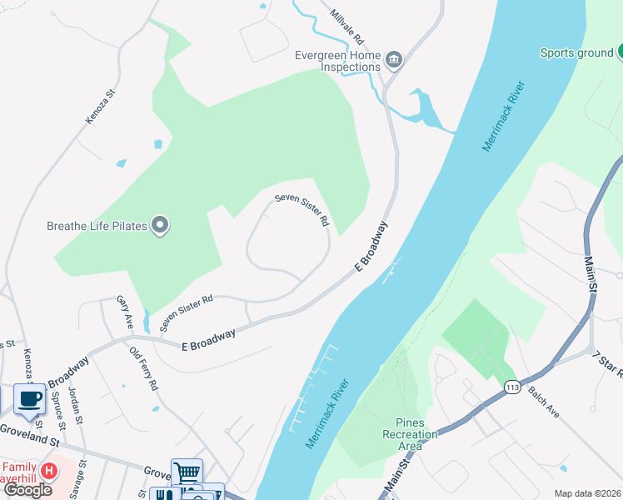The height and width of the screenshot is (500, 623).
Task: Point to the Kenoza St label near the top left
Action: pyautogui.click(x=98, y=108)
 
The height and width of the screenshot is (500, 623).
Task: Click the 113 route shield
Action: pyautogui.click(x=511, y=387)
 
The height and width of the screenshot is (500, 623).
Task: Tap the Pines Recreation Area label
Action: pyautogui.click(x=410, y=434)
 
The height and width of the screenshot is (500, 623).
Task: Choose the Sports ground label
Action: pyautogui.click(x=576, y=53)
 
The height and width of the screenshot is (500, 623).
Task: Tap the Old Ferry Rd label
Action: pyautogui.click(x=144, y=370)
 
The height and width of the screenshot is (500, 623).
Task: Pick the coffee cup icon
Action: pyautogui.click(x=30, y=398)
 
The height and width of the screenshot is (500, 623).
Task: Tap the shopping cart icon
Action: pyautogui.click(x=187, y=472)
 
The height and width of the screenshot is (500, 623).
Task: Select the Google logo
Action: pyautogui.click(x=27, y=490)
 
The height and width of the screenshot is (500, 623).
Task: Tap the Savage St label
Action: pyautogui.click(x=82, y=478)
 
